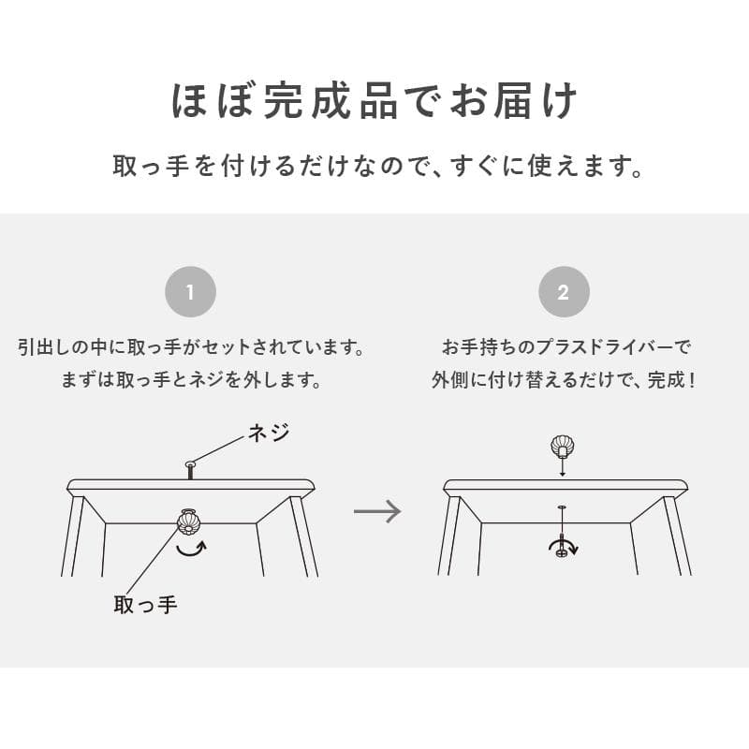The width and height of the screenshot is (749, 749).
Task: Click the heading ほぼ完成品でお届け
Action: click(374, 102)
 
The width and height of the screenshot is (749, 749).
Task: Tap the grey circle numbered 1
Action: click(190, 292)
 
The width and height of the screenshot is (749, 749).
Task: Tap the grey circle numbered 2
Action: click(564, 292)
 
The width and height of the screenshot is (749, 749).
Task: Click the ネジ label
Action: click(268, 433)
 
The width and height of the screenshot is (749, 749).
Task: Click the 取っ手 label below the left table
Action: click(145, 605)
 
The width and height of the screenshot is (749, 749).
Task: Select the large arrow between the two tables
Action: click(377, 511)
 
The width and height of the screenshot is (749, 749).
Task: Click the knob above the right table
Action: click(563, 448)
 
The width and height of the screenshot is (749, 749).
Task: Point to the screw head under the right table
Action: click(562, 551)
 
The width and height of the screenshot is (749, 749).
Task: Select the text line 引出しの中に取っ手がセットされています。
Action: click(190, 348)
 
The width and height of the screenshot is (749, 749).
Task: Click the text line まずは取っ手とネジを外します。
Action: click(190, 381)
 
